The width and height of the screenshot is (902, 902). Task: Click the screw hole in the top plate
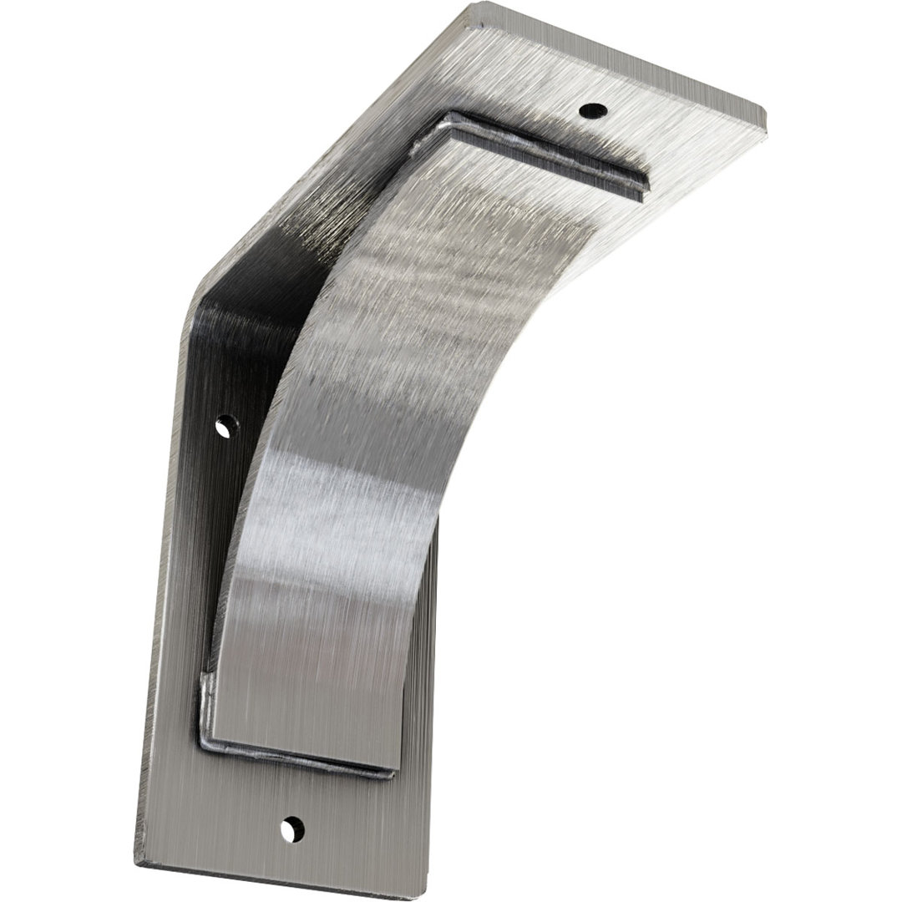(x=593, y=109)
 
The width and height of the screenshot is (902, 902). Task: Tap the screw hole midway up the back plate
(x=223, y=428)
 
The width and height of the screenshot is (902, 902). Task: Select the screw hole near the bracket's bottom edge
(x=291, y=829)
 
